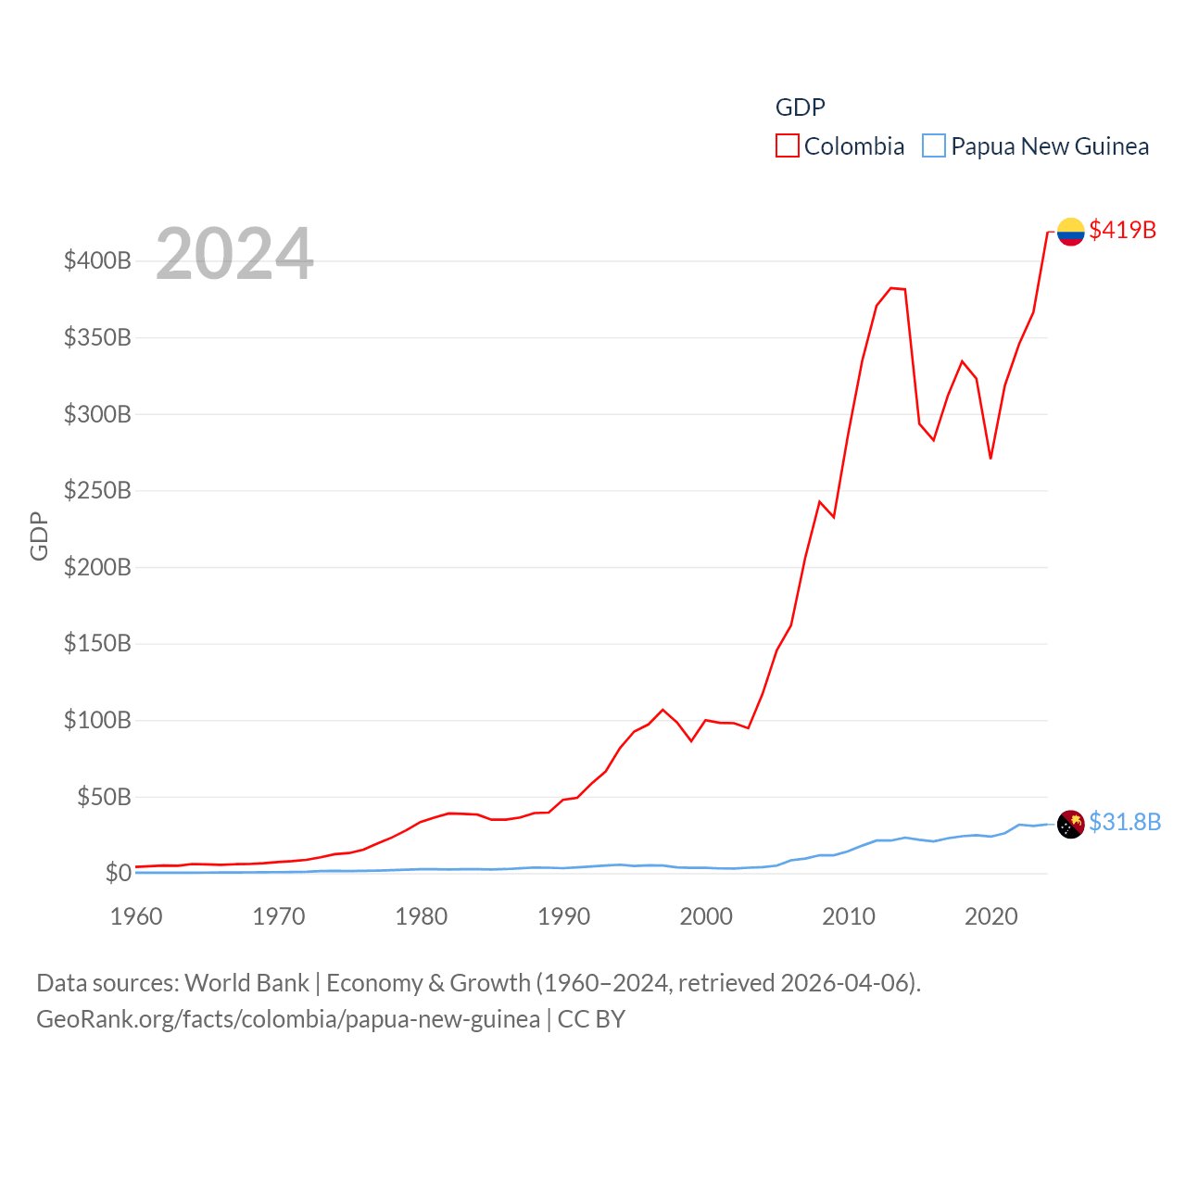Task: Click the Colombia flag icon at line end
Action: point(1070,232)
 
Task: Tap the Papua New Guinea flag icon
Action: point(1070,824)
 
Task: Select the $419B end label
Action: point(1122,230)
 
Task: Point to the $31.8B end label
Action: point(1124,822)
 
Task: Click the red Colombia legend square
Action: point(788,146)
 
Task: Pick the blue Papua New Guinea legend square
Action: point(934,146)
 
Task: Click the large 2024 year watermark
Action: point(234,253)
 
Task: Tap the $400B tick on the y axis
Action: point(97,260)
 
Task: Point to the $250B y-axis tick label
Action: point(97,490)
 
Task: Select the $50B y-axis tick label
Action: point(104,797)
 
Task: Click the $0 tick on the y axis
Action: point(118,873)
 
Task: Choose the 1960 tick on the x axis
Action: point(136,916)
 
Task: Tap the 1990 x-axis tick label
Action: point(563,916)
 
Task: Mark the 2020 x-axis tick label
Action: point(990,916)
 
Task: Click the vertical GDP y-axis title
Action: point(39,536)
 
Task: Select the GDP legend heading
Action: point(800,107)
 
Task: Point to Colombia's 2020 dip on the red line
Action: point(990,458)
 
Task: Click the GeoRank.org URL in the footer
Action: point(287,1019)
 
